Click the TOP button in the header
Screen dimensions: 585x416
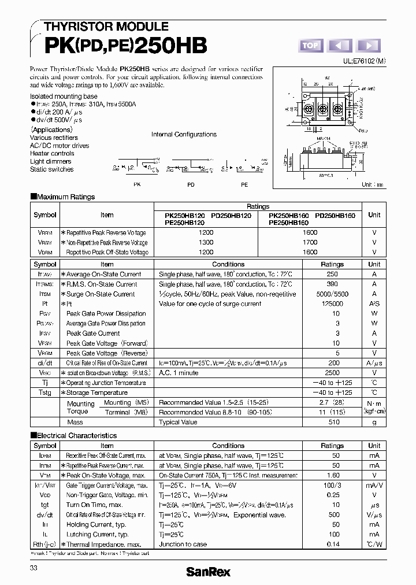[310, 46]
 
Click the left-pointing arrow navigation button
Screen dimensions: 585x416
[340, 46]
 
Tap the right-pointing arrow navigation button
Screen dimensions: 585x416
[369, 46]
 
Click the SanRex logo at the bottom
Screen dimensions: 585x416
[207, 572]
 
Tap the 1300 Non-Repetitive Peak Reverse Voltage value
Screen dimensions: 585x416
[206, 242]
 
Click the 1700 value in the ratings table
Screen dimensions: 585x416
[310, 242]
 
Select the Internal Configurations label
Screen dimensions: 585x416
[184, 134]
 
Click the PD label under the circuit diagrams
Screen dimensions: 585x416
[191, 184]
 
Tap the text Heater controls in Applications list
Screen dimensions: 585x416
[52, 154]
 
